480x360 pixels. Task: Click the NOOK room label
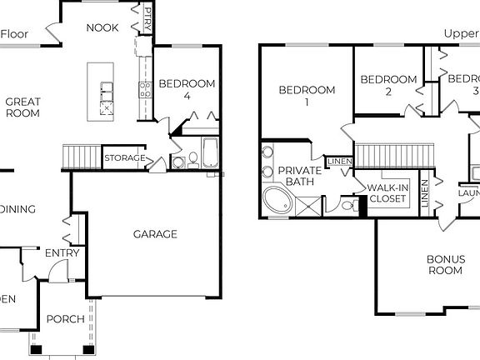(x=102, y=27)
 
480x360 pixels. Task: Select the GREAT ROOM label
(x=23, y=107)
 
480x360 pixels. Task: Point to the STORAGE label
(x=125, y=158)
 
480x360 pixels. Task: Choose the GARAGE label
(x=156, y=234)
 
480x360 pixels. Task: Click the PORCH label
(x=64, y=319)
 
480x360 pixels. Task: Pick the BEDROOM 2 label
(x=387, y=86)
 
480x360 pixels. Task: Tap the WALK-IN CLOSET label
(x=387, y=194)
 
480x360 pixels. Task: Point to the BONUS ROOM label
(x=445, y=265)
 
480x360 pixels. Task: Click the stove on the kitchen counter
(x=144, y=90)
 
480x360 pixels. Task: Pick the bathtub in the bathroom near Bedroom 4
(x=208, y=155)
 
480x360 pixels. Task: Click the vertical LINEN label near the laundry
(x=425, y=194)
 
